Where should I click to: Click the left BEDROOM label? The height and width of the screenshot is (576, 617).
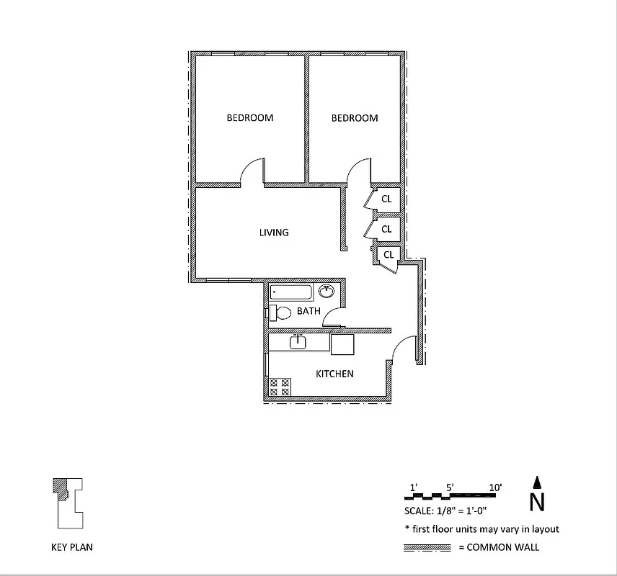click(x=250, y=118)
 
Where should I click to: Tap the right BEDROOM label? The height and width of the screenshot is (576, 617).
click(x=355, y=118)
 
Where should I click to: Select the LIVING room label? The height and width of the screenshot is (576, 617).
click(x=274, y=233)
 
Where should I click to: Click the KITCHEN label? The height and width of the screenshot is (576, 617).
click(x=334, y=374)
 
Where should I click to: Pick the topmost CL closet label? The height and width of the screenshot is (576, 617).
click(x=386, y=199)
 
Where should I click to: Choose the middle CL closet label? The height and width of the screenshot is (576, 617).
click(x=386, y=230)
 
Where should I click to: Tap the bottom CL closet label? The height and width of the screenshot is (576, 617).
click(x=389, y=255)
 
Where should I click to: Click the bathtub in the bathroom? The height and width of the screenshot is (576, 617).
click(x=292, y=292)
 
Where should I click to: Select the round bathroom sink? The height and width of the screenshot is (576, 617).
click(x=327, y=292)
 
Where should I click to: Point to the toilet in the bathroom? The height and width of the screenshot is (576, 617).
click(x=280, y=312)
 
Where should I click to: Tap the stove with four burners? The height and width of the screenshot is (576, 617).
click(x=280, y=387)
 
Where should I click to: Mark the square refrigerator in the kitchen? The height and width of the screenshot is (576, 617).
click(x=342, y=343)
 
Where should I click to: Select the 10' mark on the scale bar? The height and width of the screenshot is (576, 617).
click(x=495, y=487)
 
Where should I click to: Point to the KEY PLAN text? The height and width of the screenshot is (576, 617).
click(x=71, y=547)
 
